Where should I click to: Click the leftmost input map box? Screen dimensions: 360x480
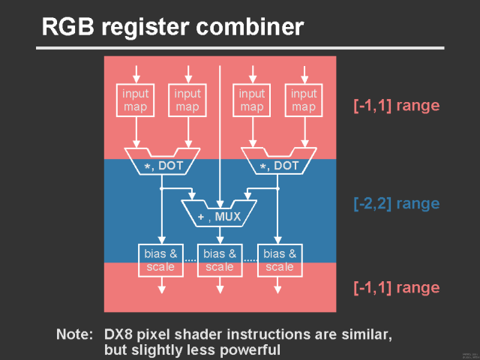pyautogui.click(x=136, y=100)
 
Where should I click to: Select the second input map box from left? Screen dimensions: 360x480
pyautogui.click(x=187, y=100)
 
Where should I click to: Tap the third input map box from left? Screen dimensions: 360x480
pyautogui.click(x=252, y=100)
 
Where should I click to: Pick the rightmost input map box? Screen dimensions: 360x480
pyautogui.click(x=304, y=100)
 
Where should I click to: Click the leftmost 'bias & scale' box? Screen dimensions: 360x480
pyautogui.click(x=160, y=260)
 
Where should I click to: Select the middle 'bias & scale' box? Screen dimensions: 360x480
pyautogui.click(x=220, y=260)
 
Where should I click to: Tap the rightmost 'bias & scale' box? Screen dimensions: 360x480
pyautogui.click(x=280, y=260)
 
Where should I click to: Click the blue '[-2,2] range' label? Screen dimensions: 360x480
pyautogui.click(x=396, y=203)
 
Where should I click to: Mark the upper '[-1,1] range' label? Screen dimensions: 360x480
pyautogui.click(x=396, y=105)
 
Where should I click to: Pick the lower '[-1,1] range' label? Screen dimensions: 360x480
pyautogui.click(x=396, y=287)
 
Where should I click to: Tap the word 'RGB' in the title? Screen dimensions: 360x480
pyautogui.click(x=67, y=28)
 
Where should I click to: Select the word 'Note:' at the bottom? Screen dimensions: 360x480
pyautogui.click(x=74, y=333)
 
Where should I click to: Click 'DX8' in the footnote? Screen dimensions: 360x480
pyautogui.click(x=118, y=333)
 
